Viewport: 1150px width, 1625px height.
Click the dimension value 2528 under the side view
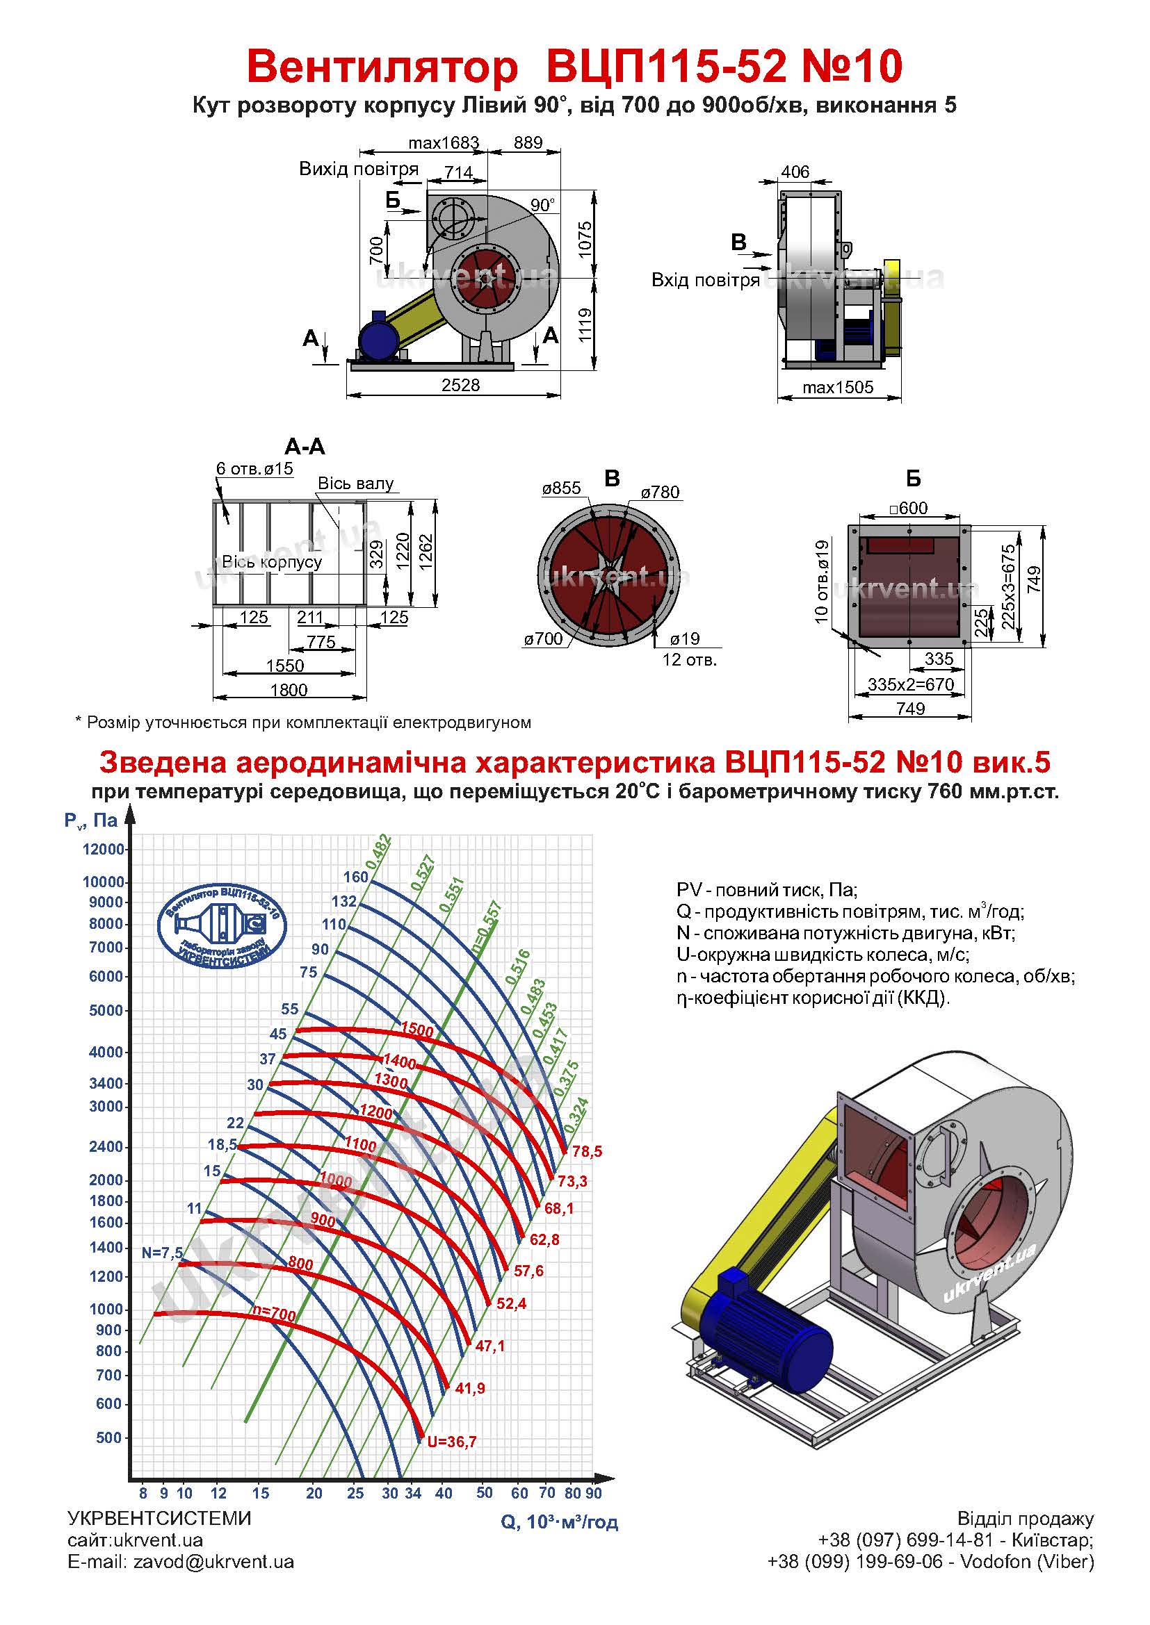coord(460,385)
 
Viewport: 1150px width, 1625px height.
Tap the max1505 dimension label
coord(838,388)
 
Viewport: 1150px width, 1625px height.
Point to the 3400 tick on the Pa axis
coord(106,1083)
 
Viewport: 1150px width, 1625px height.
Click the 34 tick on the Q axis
coord(414,1494)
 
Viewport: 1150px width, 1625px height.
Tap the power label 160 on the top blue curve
coord(356,877)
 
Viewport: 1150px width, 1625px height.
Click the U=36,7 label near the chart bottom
coord(452,1442)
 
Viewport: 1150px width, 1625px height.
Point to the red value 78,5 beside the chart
coord(587,1151)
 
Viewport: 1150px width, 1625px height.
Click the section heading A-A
coord(305,447)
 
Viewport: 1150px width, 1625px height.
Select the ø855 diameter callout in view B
coord(562,488)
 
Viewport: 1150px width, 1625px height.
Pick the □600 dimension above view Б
coord(909,508)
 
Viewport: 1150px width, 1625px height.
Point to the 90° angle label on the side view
coord(543,205)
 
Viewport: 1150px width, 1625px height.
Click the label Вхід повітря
coord(705,280)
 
